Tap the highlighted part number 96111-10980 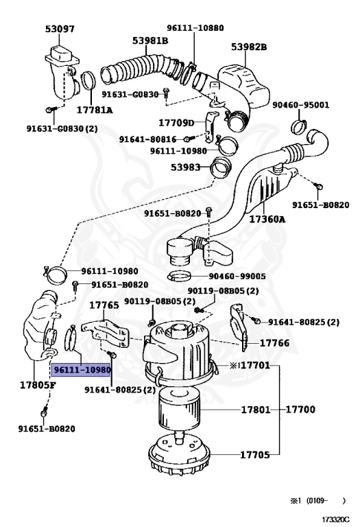[82, 370]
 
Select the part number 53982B [248, 47]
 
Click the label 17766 [274, 343]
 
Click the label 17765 [104, 305]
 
